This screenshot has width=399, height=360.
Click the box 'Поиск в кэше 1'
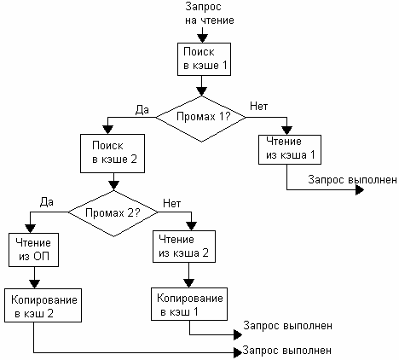click(204, 59)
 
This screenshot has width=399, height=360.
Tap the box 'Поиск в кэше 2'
click(113, 154)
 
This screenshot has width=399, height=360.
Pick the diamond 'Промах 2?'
click(113, 213)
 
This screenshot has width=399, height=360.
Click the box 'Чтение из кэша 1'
click(290, 149)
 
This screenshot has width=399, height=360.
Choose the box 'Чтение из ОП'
click(34, 250)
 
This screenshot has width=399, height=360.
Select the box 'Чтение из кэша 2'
click(184, 247)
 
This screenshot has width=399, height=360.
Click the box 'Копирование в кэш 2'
click(43, 305)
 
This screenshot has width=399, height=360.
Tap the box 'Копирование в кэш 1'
click(189, 304)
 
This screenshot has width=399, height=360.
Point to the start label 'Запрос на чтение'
click(210, 14)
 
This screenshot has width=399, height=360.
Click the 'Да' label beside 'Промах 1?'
click(142, 110)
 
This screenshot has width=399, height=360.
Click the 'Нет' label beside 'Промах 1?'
click(259, 107)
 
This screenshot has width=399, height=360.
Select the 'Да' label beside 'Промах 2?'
click(47, 202)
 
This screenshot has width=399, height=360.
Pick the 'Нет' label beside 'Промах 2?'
click(172, 204)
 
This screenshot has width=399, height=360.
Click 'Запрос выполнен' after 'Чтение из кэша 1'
click(353, 180)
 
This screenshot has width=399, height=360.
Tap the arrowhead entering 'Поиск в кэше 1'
click(203, 38)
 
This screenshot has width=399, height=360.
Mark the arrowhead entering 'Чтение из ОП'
click(31, 229)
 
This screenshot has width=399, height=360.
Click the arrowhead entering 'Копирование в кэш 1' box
click(189, 283)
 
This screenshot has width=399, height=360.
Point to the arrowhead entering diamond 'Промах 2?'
click(113, 186)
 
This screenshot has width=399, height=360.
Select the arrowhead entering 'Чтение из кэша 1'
click(287, 131)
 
